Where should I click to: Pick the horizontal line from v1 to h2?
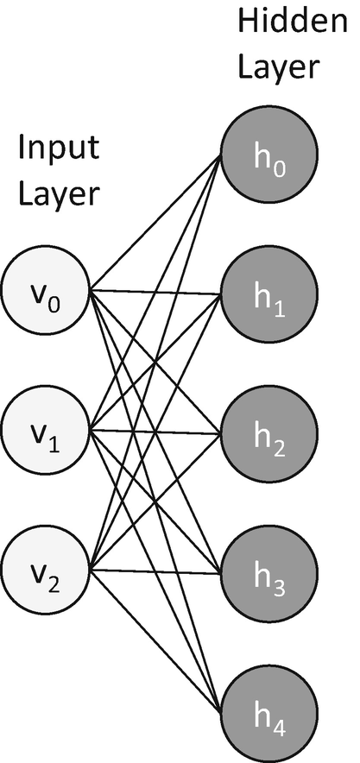coord(155,431)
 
